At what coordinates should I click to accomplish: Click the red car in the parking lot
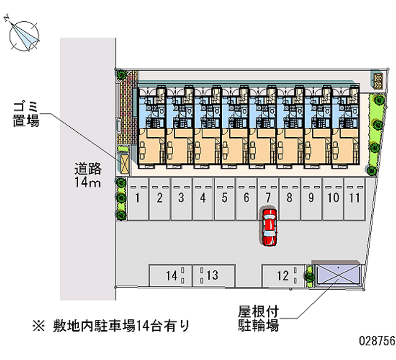click(268, 227)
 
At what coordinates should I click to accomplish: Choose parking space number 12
click(283, 276)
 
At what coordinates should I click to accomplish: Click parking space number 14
click(171, 276)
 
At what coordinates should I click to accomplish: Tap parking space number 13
click(213, 276)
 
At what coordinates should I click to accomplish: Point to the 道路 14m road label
click(88, 175)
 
